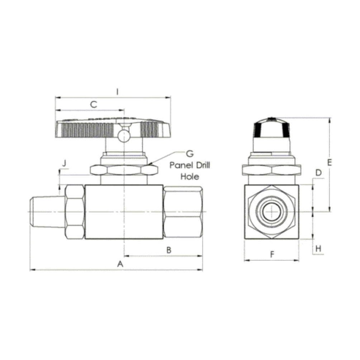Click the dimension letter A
coord(120,264)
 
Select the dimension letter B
coord(169,250)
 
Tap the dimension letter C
coord(94,104)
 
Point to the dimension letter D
coord(318,172)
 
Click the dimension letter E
coord(330,162)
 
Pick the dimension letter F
coord(272,254)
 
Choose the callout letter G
coord(190,153)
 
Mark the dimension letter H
coord(318,248)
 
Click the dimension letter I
coord(117,92)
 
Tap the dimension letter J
coord(64,163)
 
